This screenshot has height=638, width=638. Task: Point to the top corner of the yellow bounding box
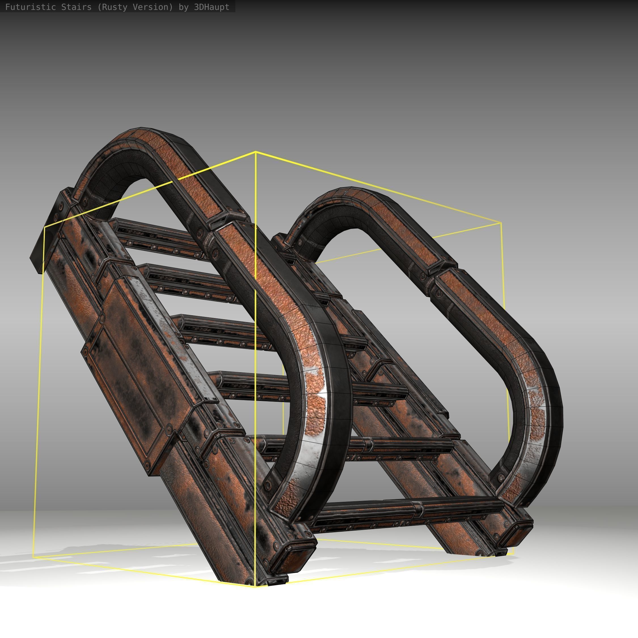pos(255,152)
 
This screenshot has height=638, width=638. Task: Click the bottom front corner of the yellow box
pos(255,587)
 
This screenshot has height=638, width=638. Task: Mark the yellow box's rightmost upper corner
pos(501,223)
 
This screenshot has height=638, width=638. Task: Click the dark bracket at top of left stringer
pos(50,228)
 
